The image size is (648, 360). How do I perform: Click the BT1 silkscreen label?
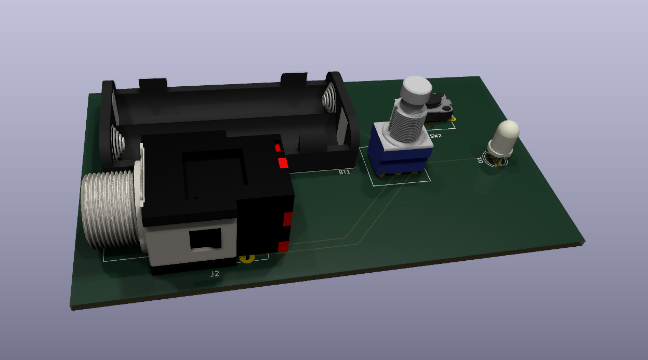344,172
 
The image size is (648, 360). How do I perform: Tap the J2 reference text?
215,274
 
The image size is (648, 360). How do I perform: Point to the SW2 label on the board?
435,136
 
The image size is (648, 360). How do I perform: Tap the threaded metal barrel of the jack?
109,210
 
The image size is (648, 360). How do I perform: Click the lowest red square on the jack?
283,246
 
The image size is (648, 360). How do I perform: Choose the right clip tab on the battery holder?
295,79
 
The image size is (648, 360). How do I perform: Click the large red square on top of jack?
283,163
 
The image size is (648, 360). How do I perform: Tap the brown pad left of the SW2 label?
431,126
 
